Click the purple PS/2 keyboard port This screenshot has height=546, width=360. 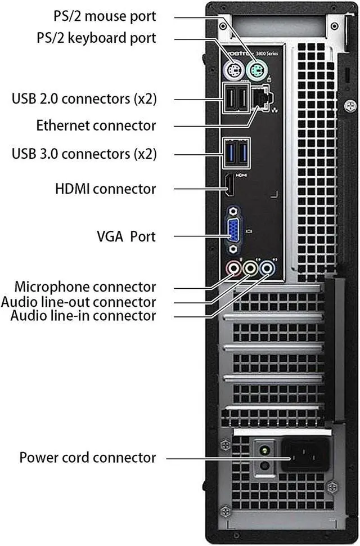pos(232,71)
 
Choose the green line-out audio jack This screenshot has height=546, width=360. pos(250,268)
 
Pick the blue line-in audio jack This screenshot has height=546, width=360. pos(269,268)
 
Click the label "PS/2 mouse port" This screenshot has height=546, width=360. pos(105,16)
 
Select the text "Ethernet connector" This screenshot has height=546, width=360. pos(96,124)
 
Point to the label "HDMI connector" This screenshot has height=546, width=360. pos(105,189)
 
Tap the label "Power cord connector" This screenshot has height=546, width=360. pos(88,458)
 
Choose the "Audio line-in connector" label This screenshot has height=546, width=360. pos(83,316)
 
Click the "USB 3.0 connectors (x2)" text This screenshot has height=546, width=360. pos(84,153)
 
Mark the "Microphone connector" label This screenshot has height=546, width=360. pos(85,287)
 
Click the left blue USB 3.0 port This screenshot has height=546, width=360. pos(229,152)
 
